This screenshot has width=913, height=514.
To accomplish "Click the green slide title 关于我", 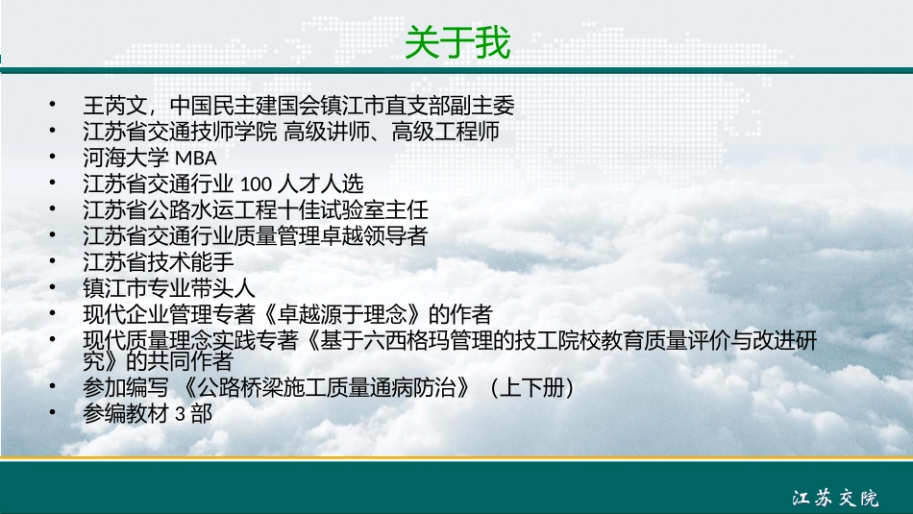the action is pyautogui.click(x=457, y=42).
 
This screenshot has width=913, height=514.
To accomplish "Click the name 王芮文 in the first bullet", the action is pyautogui.click(x=115, y=106).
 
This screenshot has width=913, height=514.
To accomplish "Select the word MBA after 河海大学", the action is pyautogui.click(x=196, y=158).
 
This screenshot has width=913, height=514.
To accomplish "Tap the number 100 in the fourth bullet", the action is pyautogui.click(x=256, y=184).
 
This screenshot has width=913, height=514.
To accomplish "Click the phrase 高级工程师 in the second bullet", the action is pyautogui.click(x=445, y=132).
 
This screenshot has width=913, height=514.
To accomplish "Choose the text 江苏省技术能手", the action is pyautogui.click(x=159, y=262).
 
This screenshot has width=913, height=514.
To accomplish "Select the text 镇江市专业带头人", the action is pyautogui.click(x=169, y=288).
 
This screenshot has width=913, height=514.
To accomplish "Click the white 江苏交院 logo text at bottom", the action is pyautogui.click(x=835, y=498).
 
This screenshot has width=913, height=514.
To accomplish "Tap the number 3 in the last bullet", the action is pyautogui.click(x=180, y=414).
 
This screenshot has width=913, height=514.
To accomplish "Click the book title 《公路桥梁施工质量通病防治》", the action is pyautogui.click(x=326, y=388).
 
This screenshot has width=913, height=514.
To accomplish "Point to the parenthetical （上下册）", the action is pyautogui.click(x=531, y=388).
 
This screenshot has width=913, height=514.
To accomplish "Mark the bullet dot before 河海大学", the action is pyautogui.click(x=53, y=156).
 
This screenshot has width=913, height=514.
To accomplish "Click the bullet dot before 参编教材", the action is pyautogui.click(x=53, y=412).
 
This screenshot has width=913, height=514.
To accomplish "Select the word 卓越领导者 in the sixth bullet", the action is pyautogui.click(x=374, y=235).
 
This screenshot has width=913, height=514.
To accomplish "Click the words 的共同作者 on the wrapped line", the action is pyautogui.click(x=180, y=361).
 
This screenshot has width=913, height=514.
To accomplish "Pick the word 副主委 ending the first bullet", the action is pyautogui.click(x=482, y=106).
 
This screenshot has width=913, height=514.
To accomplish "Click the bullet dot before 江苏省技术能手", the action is pyautogui.click(x=53, y=260).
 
